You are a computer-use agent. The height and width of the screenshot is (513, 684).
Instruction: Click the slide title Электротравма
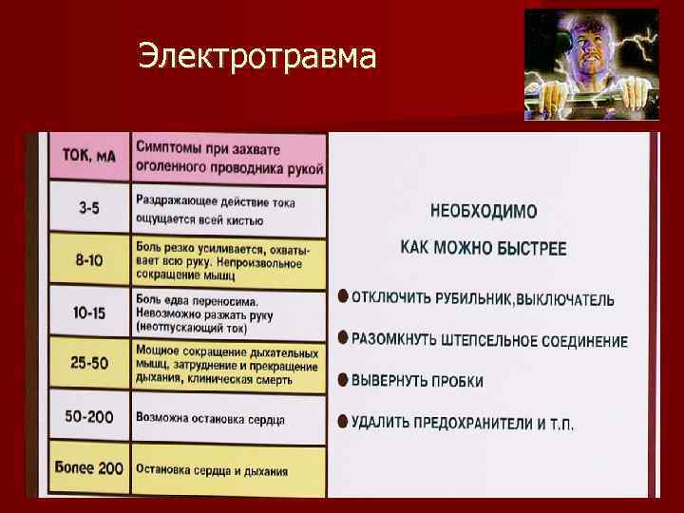(x=256, y=57)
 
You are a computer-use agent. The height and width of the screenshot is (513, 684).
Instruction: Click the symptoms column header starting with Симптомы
(x=229, y=159)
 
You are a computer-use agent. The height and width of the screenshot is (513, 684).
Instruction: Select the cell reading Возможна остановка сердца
(x=211, y=417)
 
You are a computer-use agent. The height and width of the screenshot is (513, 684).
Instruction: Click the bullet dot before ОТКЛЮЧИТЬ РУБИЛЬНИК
(x=343, y=296)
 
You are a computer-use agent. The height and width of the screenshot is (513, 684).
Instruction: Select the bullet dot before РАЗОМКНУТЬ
(x=343, y=337)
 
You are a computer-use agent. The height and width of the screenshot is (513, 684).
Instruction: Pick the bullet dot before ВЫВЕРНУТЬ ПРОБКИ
(x=343, y=378)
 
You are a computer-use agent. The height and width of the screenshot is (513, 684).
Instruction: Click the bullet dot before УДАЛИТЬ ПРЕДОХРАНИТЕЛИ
(x=343, y=419)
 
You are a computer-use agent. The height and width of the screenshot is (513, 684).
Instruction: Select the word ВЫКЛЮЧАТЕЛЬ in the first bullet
(x=565, y=300)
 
